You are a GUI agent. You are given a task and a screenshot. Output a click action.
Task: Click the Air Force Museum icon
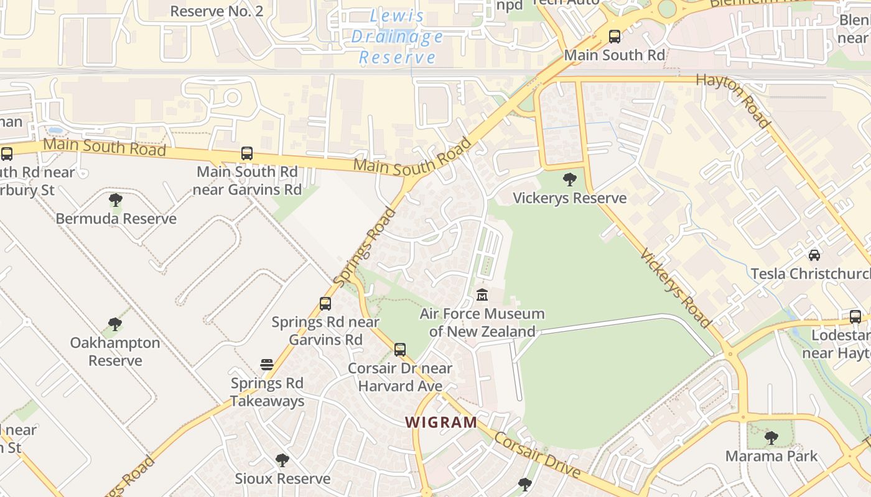pyautogui.click(x=482, y=294)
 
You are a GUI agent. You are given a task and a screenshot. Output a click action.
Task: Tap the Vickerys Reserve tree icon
pyautogui.click(x=569, y=180)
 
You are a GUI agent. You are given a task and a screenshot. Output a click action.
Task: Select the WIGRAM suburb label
pyautogui.click(x=441, y=422)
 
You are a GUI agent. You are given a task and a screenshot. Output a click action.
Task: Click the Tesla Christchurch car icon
pyautogui.click(x=814, y=255)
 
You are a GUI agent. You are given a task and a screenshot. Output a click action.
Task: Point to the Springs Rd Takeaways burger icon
pyautogui.click(x=267, y=364)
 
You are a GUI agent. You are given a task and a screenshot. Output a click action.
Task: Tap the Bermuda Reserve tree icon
pyautogui.click(x=116, y=200)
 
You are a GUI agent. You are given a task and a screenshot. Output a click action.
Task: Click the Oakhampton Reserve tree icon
pyautogui.click(x=115, y=324)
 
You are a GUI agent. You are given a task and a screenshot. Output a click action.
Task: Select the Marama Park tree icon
pyautogui.click(x=771, y=438)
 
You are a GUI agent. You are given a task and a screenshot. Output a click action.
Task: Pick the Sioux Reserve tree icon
pyautogui.click(x=282, y=460)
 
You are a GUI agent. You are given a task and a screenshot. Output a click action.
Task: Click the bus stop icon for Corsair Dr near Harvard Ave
pyautogui.click(x=400, y=350)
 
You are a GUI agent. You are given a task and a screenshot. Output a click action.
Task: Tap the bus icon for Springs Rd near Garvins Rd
pyautogui.click(x=325, y=304)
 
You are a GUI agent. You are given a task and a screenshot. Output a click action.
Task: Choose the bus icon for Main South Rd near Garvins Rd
pyautogui.click(x=247, y=153)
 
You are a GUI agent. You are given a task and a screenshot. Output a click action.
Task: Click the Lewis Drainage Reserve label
pyautogui.click(x=397, y=37)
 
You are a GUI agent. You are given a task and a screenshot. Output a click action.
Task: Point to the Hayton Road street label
pyautogui.click(x=734, y=100)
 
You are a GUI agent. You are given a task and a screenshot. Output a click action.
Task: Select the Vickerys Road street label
pyautogui.click(x=676, y=288)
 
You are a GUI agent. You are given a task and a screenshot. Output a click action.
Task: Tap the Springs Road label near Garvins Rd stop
pyautogui.click(x=365, y=247)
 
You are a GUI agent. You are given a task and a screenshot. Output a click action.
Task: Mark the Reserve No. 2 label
pyautogui.click(x=217, y=11)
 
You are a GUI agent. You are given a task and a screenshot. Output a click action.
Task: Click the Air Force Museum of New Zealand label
pyautogui.click(x=482, y=322)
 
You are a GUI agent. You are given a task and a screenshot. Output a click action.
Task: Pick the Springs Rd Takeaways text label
pyautogui.click(x=268, y=392)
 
